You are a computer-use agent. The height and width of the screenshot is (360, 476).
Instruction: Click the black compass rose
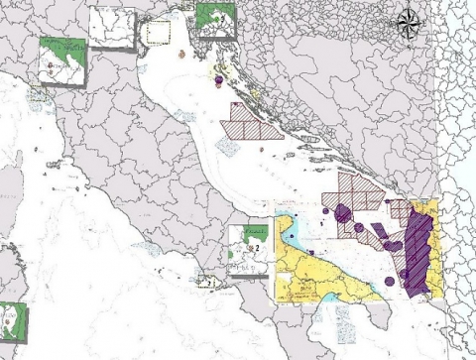(410, 22)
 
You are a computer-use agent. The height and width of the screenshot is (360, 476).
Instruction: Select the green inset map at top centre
(215, 18)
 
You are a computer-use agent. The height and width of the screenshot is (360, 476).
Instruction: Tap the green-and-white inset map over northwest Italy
(61, 62)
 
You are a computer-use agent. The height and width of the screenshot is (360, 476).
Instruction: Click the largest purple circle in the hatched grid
(343, 212)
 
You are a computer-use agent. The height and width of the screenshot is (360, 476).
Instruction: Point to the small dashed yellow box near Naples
(208, 282)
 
